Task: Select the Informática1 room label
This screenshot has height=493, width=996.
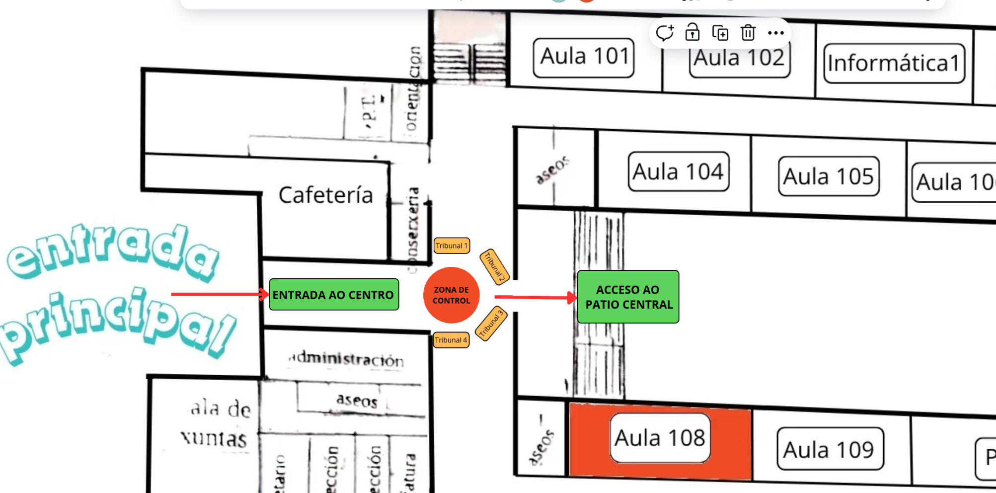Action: click(x=894, y=63)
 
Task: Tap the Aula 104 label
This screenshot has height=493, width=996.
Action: click(x=678, y=172)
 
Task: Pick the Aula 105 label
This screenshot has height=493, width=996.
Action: click(x=828, y=176)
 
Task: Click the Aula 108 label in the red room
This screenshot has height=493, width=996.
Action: click(x=660, y=438)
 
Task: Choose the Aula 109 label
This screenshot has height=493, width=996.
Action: click(x=830, y=449)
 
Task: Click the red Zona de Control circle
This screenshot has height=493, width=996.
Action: click(x=451, y=295)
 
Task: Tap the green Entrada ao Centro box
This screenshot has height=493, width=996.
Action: click(x=333, y=295)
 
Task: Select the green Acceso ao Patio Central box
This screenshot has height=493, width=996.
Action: click(x=628, y=297)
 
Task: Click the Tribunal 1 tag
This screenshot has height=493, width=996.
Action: click(x=451, y=246)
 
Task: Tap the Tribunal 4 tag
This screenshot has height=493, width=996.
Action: click(x=451, y=340)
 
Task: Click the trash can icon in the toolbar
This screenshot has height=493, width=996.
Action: click(x=748, y=33)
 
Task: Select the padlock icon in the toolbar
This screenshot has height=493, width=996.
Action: click(x=692, y=33)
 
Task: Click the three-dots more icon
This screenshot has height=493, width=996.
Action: click(x=775, y=33)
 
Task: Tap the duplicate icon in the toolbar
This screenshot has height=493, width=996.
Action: click(x=720, y=33)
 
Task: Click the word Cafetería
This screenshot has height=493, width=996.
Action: click(x=325, y=195)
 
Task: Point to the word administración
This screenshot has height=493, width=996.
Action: click(x=347, y=359)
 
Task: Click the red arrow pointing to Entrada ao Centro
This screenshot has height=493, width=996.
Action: click(x=219, y=294)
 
